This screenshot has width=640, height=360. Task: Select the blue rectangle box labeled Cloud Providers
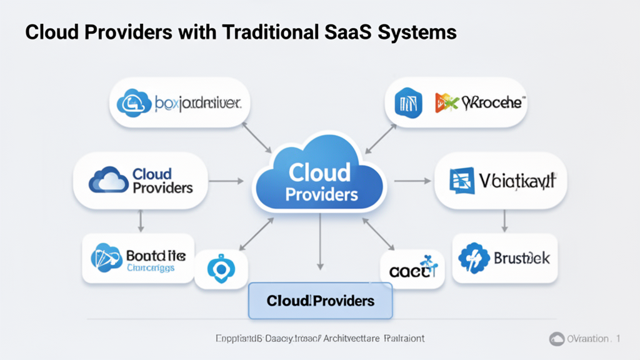pyautogui.click(x=320, y=301)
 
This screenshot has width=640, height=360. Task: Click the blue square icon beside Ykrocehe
pyautogui.click(x=409, y=102)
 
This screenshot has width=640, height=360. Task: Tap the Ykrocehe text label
pyautogui.click(x=492, y=102)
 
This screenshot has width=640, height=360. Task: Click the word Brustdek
pyautogui.click(x=521, y=257)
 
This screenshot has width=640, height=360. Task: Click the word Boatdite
pyautogui.click(x=156, y=256)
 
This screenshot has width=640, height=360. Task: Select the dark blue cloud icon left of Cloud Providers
pyautogui.click(x=108, y=180)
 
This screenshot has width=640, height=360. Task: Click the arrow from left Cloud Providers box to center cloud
pyautogui.click(x=229, y=182)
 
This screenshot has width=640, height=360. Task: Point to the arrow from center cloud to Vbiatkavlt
pyautogui.click(x=413, y=182)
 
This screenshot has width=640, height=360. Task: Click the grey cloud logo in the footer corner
pyautogui.click(x=556, y=339)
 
